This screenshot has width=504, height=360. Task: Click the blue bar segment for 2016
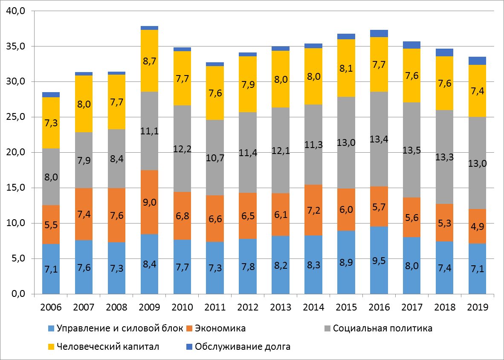tap(379, 260)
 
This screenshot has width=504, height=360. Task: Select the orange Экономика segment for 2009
tap(149, 202)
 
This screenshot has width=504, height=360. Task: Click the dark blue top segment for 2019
tap(477, 61)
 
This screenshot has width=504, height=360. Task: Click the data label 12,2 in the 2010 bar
tap(182, 149)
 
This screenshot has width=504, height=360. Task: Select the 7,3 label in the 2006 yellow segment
tap(51, 123)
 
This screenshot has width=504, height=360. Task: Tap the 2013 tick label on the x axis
tap(281, 308)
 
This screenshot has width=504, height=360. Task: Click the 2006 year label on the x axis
tap(51, 308)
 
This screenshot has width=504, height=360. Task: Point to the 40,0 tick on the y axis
tap(16, 11)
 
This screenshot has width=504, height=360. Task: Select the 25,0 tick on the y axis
tap(16, 117)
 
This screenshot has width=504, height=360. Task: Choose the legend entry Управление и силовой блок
tap(116, 328)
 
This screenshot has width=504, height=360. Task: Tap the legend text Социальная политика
tap(382, 328)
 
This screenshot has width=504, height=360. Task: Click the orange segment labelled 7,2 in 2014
tap(313, 210)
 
